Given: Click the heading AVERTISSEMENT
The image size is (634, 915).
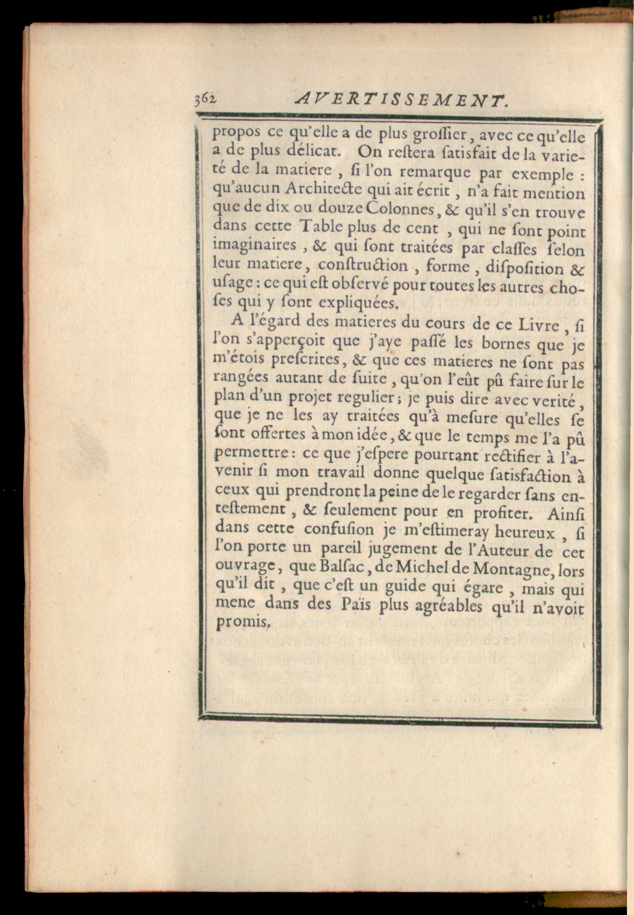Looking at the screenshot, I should [401, 101].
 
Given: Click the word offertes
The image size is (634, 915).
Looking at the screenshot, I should [278, 434].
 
